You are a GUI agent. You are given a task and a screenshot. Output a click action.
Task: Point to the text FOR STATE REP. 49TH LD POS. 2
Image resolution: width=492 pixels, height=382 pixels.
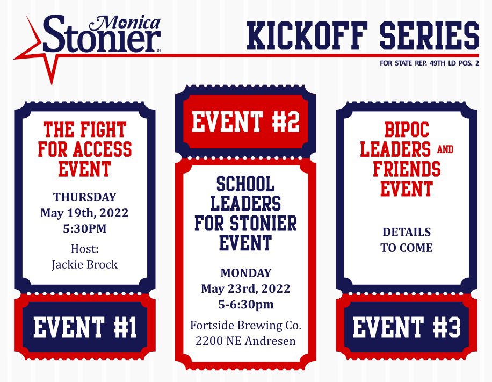pyautogui.click(x=429, y=63)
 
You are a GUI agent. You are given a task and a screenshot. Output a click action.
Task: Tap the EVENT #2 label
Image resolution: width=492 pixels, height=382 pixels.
pyautogui.click(x=245, y=121)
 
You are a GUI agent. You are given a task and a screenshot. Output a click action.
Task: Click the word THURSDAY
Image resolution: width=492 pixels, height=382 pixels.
pyautogui.click(x=84, y=197)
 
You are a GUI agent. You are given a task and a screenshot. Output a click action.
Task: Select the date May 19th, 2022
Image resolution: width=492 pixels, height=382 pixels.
pyautogui.click(x=84, y=213)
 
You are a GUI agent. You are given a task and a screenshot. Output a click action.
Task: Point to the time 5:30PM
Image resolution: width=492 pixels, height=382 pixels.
pyautogui.click(x=84, y=228)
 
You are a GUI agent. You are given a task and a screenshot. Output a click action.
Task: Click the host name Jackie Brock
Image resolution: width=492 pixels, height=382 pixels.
pyautogui.click(x=84, y=264)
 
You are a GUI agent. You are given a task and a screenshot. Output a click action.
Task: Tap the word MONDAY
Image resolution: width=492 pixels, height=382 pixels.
pyautogui.click(x=245, y=273)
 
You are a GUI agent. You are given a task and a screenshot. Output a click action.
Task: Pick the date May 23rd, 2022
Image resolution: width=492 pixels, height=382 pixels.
pyautogui.click(x=245, y=289)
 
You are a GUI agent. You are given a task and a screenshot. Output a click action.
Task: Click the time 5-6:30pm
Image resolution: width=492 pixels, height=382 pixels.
pyautogui.click(x=245, y=305)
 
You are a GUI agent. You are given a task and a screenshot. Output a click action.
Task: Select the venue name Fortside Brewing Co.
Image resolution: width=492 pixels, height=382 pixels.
pyautogui.click(x=245, y=326)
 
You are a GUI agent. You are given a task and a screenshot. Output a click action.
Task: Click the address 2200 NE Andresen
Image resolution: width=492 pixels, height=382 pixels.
pyautogui.click(x=245, y=341)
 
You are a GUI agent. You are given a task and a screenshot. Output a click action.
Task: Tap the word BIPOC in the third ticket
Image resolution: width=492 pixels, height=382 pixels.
pyautogui.click(x=407, y=129)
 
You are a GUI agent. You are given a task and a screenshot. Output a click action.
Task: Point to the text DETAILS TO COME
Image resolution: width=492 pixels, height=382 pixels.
pyautogui.click(x=407, y=240)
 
